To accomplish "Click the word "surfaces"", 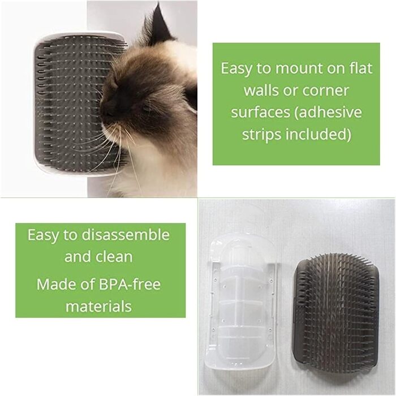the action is coord(260,112).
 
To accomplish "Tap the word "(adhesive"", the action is coord(328,113).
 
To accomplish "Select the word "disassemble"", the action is coord(126,235).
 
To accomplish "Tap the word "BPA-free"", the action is coord(130,284).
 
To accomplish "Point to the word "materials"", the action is coord(98,307).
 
